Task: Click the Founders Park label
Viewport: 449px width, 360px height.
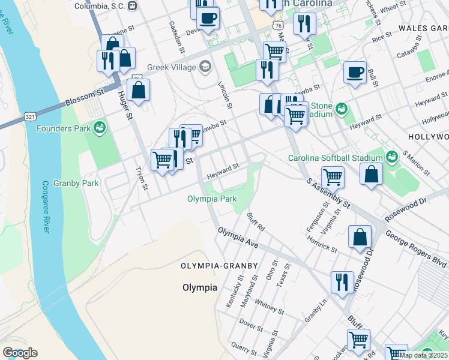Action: pos(62,128)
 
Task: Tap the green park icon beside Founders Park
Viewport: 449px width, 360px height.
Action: pos(99,127)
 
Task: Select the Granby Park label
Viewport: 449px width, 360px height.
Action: pos(76,183)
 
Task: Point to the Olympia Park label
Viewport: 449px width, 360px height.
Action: pos(212,199)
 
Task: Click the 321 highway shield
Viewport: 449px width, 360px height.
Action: pos(30,115)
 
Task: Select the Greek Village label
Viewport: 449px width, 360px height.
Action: pos(173,67)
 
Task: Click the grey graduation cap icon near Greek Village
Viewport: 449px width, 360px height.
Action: pos(206,66)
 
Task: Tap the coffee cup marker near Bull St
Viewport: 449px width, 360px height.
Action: pos(355,73)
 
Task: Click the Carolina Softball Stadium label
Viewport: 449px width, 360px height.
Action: pos(336,158)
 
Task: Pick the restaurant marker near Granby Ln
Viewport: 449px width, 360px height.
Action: pos(342,282)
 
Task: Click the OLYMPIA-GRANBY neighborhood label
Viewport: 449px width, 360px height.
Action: pos(220,265)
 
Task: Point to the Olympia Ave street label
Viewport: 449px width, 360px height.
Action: pos(238,238)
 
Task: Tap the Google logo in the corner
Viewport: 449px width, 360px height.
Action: pos(19,353)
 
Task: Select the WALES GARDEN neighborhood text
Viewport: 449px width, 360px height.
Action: pos(423,28)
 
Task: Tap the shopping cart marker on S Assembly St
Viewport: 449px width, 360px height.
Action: pos(333,177)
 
